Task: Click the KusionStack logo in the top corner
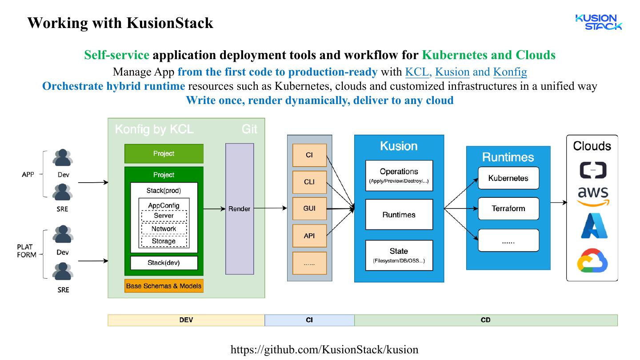pos(598,22)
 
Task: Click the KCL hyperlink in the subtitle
pos(416,72)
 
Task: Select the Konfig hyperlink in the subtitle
pos(510,72)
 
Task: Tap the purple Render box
pos(240,208)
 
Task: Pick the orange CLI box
pos(309,182)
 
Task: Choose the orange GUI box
pos(309,208)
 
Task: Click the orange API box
pos(309,236)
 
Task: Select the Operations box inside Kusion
pos(399,176)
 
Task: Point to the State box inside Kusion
pos(399,255)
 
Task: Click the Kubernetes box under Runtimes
pos(508,178)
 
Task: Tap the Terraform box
pos(508,208)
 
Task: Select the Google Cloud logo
pos(592,260)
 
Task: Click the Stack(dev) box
pos(164,263)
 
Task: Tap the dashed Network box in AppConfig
pos(164,229)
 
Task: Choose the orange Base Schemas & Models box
pos(164,286)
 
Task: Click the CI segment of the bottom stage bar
pos(309,320)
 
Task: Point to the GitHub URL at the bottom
pos(324,349)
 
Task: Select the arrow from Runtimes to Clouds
pos(559,203)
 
